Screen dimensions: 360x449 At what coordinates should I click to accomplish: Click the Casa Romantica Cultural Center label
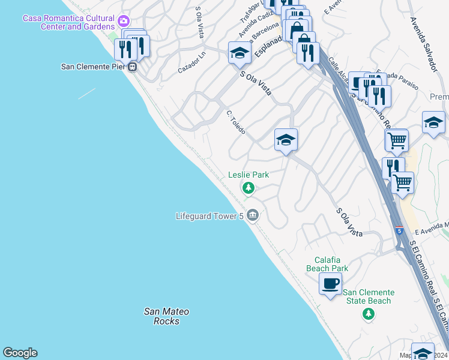[68, 22]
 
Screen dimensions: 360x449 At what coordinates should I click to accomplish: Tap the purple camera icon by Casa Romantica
[124, 22]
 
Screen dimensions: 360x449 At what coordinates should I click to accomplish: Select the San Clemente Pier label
[93, 67]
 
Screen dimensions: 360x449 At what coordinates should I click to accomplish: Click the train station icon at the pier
[132, 67]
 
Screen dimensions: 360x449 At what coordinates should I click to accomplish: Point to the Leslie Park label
[249, 175]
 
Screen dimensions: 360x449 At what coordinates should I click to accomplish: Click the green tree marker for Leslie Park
[248, 189]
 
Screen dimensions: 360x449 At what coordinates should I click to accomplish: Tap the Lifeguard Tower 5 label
[209, 216]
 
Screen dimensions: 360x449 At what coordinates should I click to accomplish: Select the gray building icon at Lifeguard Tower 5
[253, 214]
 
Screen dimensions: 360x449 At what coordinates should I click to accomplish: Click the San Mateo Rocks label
[166, 316]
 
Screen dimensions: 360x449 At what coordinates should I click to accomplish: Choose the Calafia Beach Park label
[327, 264]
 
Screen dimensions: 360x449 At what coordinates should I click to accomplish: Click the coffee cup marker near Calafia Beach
[330, 283]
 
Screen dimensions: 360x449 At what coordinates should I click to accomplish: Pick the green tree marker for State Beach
[369, 314]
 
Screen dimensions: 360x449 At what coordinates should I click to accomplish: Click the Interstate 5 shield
[399, 230]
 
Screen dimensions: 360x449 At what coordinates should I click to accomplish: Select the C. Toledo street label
[235, 122]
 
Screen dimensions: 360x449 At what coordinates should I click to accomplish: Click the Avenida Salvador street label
[422, 43]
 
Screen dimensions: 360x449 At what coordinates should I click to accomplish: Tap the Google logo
[20, 353]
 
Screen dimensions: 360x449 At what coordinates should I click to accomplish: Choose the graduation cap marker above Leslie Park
[286, 140]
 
